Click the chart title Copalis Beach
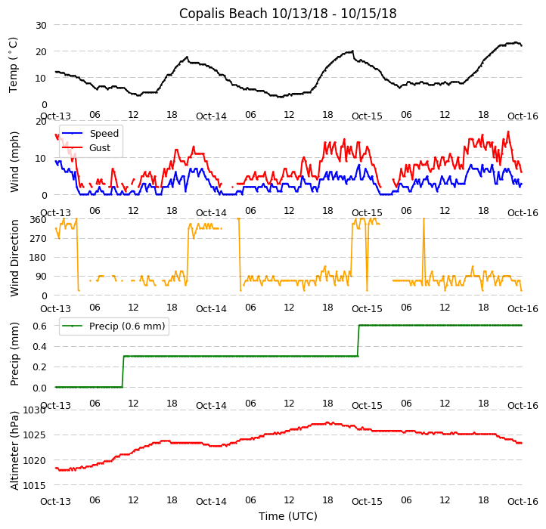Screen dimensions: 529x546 coord(287,14)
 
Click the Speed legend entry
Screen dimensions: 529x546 coord(104,134)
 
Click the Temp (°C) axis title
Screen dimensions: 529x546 coord(14,64)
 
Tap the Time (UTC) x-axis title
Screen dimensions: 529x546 coord(287,516)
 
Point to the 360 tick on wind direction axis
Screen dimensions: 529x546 coord(38,219)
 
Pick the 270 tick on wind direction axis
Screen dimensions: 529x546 coord(38,238)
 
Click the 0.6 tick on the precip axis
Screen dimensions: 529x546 coord(39,325)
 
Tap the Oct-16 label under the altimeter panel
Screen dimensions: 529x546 coord(522,501)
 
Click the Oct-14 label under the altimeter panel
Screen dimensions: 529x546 coord(211,501)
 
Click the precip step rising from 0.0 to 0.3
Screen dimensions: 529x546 coord(123,371)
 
